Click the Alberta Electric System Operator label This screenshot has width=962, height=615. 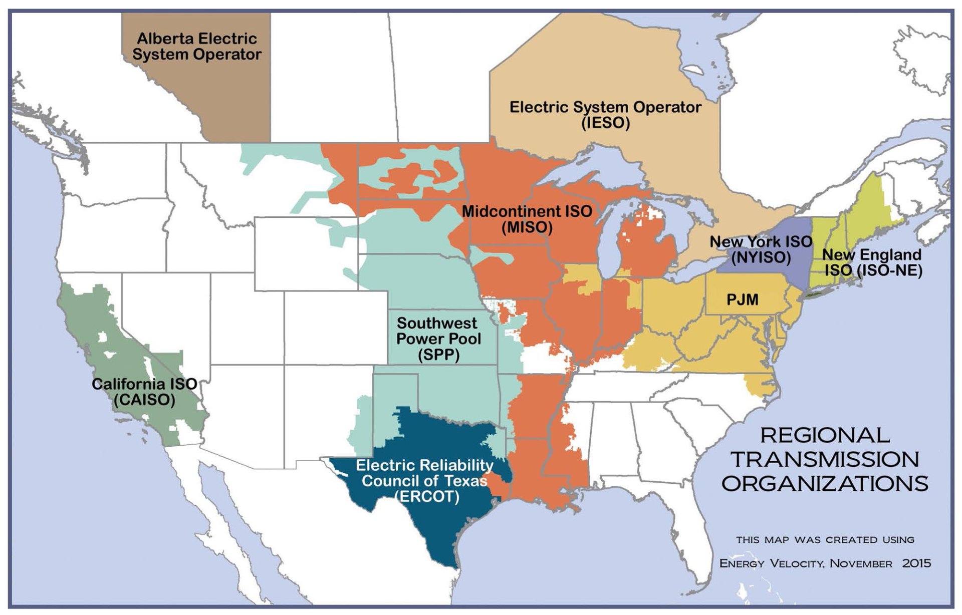[x=197, y=47]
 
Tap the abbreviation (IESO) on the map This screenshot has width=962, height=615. [x=605, y=123]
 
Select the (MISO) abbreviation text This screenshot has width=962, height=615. [x=527, y=227]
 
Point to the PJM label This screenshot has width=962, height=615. [x=743, y=300]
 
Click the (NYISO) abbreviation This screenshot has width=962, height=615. [x=761, y=257]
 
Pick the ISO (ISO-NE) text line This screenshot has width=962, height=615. [x=873, y=270]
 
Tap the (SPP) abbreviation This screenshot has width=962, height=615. [x=438, y=355]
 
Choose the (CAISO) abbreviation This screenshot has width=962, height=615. [x=144, y=400]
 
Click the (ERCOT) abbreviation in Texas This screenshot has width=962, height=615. [x=427, y=497]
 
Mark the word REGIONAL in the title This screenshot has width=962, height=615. [x=825, y=435]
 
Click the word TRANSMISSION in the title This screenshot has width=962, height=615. [x=825, y=459]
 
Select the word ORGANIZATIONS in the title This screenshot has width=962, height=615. [x=825, y=483]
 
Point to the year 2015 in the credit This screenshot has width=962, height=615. [x=916, y=563]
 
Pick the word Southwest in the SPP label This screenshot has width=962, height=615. [x=437, y=323]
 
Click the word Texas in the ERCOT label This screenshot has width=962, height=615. [x=466, y=481]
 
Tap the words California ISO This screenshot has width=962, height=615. [x=144, y=384]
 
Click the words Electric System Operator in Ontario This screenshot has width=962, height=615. [x=605, y=107]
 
